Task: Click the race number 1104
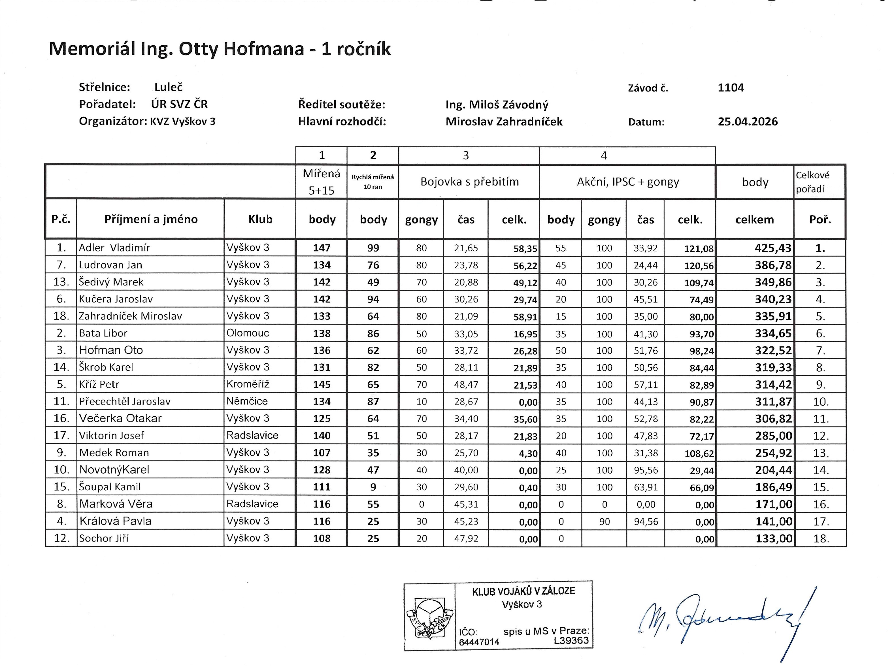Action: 731,88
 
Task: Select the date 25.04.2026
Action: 748,122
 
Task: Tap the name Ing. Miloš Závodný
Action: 497,105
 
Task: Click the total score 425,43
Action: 773,248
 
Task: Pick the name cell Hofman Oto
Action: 111,350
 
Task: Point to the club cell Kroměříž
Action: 248,384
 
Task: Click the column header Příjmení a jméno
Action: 151,219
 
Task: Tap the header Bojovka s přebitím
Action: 469,182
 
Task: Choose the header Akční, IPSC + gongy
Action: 627,182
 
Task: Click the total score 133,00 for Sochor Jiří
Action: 774,538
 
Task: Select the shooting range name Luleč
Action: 168,87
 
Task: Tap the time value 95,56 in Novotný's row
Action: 646,470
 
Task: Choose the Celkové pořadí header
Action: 812,182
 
